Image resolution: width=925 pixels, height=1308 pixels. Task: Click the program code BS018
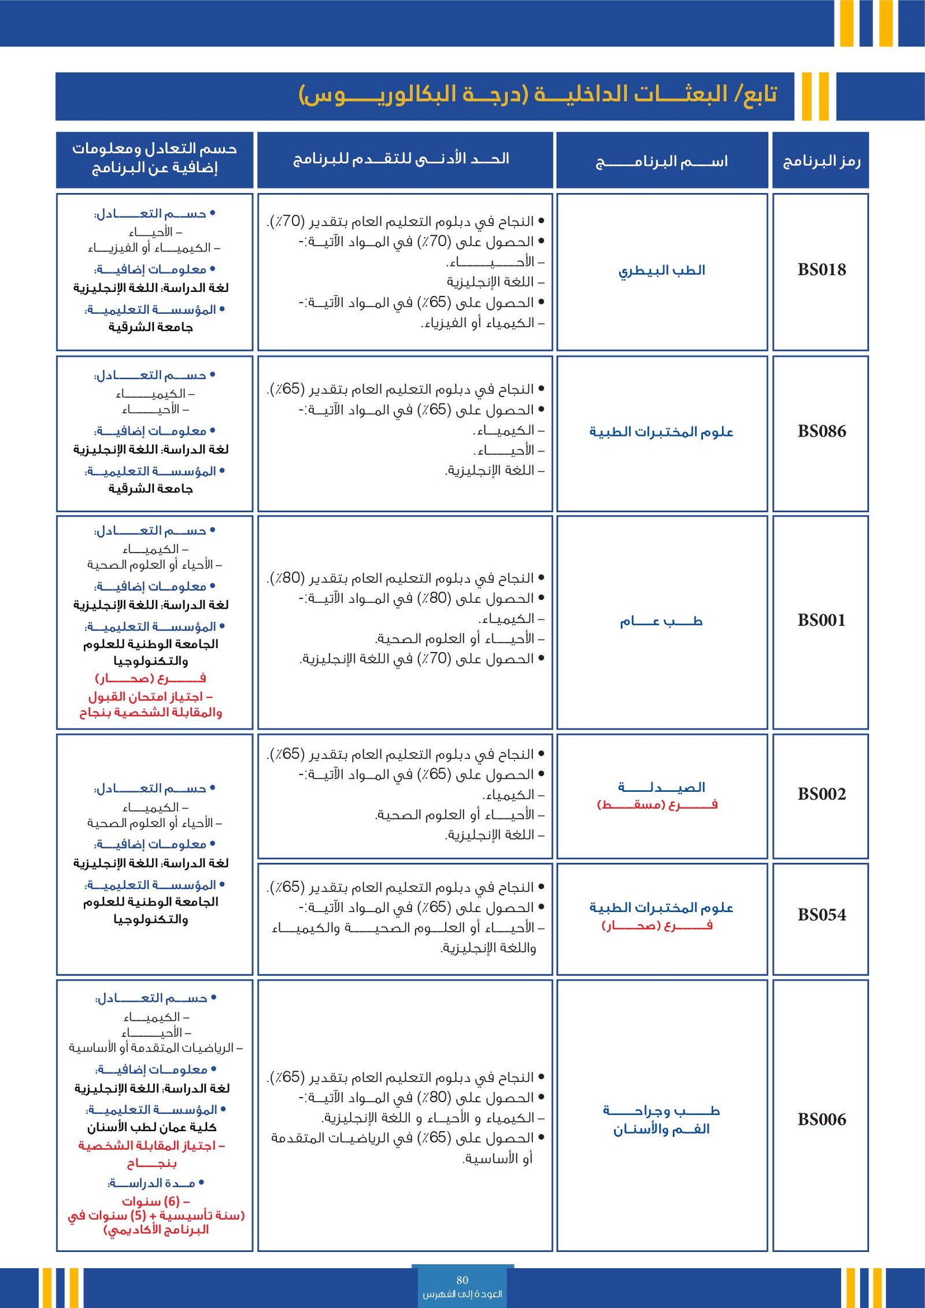(x=821, y=270)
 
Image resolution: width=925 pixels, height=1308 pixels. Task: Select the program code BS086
(x=821, y=431)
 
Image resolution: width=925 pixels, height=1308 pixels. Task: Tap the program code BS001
(x=821, y=621)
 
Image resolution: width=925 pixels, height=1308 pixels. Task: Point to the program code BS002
(x=821, y=794)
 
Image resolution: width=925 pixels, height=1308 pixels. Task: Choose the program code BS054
(x=821, y=915)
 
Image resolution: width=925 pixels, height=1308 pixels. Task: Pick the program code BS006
(x=821, y=1120)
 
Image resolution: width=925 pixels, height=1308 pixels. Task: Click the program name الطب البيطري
(x=661, y=271)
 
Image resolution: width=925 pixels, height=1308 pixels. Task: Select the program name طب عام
(x=661, y=621)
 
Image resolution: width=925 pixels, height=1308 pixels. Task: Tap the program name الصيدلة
(x=661, y=787)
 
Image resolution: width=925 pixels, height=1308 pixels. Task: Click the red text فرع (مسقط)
(x=657, y=805)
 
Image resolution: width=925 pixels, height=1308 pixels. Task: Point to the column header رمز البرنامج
(x=821, y=161)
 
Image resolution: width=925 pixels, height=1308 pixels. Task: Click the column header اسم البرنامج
(x=661, y=161)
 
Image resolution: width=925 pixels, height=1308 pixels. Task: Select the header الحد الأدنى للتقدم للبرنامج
(x=401, y=159)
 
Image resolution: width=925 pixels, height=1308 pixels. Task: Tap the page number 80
(x=462, y=1280)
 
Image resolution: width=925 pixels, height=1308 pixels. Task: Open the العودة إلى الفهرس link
(x=462, y=1294)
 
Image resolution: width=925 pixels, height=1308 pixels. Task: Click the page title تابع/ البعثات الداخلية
(x=538, y=94)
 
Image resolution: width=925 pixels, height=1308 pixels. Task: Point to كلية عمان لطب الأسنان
(x=151, y=1127)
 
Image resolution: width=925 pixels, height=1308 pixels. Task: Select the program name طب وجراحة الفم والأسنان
(x=661, y=1120)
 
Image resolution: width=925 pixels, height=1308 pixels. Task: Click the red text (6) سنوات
(x=156, y=1201)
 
